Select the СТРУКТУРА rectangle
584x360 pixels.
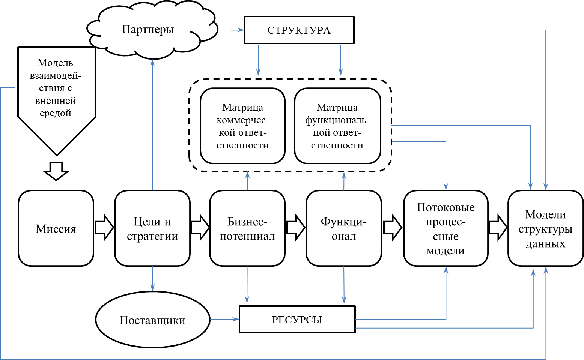299,30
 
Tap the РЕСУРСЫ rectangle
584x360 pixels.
297,319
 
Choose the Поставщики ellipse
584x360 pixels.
152,320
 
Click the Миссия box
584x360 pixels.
56,228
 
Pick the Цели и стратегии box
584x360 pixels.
152,228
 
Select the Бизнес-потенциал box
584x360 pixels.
247,228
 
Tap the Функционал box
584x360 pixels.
344,228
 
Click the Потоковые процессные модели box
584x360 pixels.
446,228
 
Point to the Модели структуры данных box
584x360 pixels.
545,228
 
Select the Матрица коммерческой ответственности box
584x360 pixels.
242,126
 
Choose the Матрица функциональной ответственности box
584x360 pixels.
337,126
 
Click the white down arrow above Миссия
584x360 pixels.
56,171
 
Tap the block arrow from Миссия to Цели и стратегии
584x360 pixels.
104,228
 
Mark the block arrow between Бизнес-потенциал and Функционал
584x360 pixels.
296,228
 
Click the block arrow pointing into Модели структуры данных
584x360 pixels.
498,228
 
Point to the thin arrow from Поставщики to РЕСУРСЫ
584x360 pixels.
224,319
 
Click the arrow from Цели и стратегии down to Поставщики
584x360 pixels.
152,278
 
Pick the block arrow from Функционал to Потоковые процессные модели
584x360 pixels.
393,228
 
